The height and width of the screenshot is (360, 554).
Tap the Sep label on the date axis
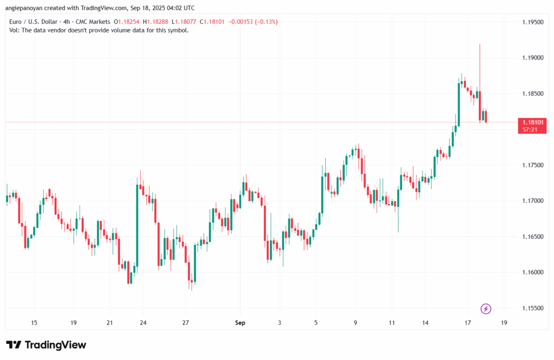(240, 323)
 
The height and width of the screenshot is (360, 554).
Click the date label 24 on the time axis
(143, 323)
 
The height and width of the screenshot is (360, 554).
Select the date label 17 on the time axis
(467, 323)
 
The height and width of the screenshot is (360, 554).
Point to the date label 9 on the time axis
(355, 323)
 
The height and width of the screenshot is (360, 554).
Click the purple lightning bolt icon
(486, 309)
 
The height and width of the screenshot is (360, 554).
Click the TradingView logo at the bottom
(47, 345)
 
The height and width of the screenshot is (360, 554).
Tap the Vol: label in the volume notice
(15, 30)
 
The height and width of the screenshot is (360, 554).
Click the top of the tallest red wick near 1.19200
(480, 44)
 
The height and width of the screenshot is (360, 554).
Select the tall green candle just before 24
(136, 225)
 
